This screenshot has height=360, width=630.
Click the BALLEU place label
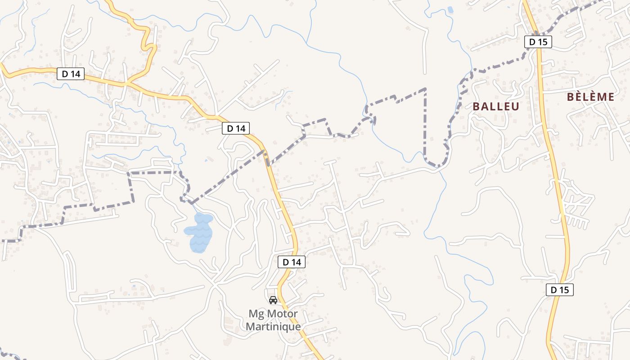(496, 107)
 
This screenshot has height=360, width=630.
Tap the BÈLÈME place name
(590, 97)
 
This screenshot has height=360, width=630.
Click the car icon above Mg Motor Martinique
(273, 300)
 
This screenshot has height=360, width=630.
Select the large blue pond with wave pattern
(199, 233)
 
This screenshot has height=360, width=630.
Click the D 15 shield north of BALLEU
(538, 42)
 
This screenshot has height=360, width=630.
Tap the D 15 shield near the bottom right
(560, 290)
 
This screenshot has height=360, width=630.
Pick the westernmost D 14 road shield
(71, 74)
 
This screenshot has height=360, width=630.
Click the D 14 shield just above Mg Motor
(292, 262)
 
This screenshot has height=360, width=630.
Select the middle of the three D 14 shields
(236, 128)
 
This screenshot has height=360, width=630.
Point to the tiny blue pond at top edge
(450, 9)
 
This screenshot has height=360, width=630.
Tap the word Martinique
(273, 326)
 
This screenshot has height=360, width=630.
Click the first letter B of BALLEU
(477, 107)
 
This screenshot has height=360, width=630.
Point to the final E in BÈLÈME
(610, 97)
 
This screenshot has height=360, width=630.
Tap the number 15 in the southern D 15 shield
(563, 290)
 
